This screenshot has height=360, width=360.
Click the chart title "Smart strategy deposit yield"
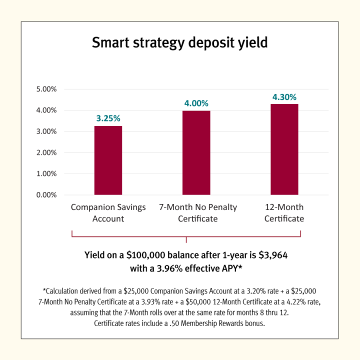pos(180,43)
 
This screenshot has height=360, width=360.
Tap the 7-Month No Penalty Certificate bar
pos(196,152)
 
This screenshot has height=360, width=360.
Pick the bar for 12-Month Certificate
pos(284,149)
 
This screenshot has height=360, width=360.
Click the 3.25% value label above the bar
pos(108,118)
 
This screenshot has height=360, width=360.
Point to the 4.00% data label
pos(196,103)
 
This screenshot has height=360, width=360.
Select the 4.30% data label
pos(284,96)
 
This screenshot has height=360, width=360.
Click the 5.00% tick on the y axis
pos(46,89)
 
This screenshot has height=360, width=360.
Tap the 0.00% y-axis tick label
pos(46,195)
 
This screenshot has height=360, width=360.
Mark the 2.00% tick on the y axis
pos(46,152)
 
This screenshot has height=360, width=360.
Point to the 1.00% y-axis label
pos(46,174)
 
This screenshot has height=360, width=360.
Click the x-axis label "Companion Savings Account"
pos(108,212)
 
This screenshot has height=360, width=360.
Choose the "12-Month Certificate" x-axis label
pos(284,212)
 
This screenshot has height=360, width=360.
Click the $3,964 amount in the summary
pos(272,255)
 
